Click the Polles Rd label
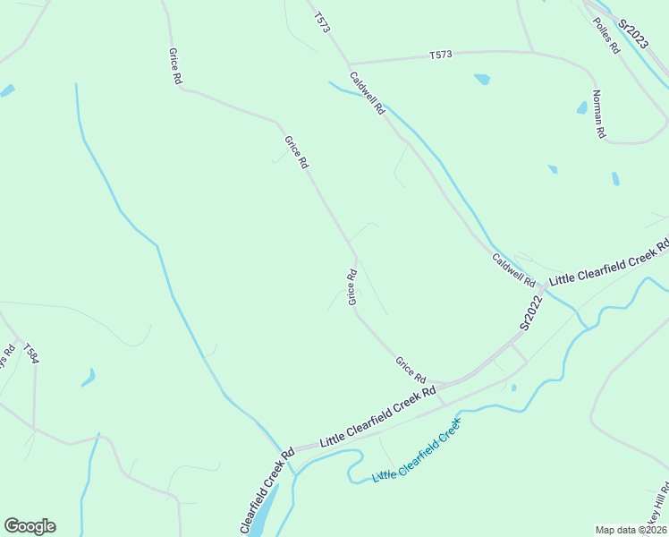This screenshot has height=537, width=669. (605, 34)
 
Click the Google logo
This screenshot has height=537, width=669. (30, 526)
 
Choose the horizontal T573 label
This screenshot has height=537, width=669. (440, 55)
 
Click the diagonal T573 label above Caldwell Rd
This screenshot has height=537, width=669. (322, 22)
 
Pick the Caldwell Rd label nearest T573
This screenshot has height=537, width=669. (367, 93)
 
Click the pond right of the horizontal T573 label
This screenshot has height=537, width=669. (482, 79)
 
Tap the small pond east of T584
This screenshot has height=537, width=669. (88, 379)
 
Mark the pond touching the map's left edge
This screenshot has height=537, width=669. (7, 90)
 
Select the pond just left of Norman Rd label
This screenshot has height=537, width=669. (581, 108)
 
